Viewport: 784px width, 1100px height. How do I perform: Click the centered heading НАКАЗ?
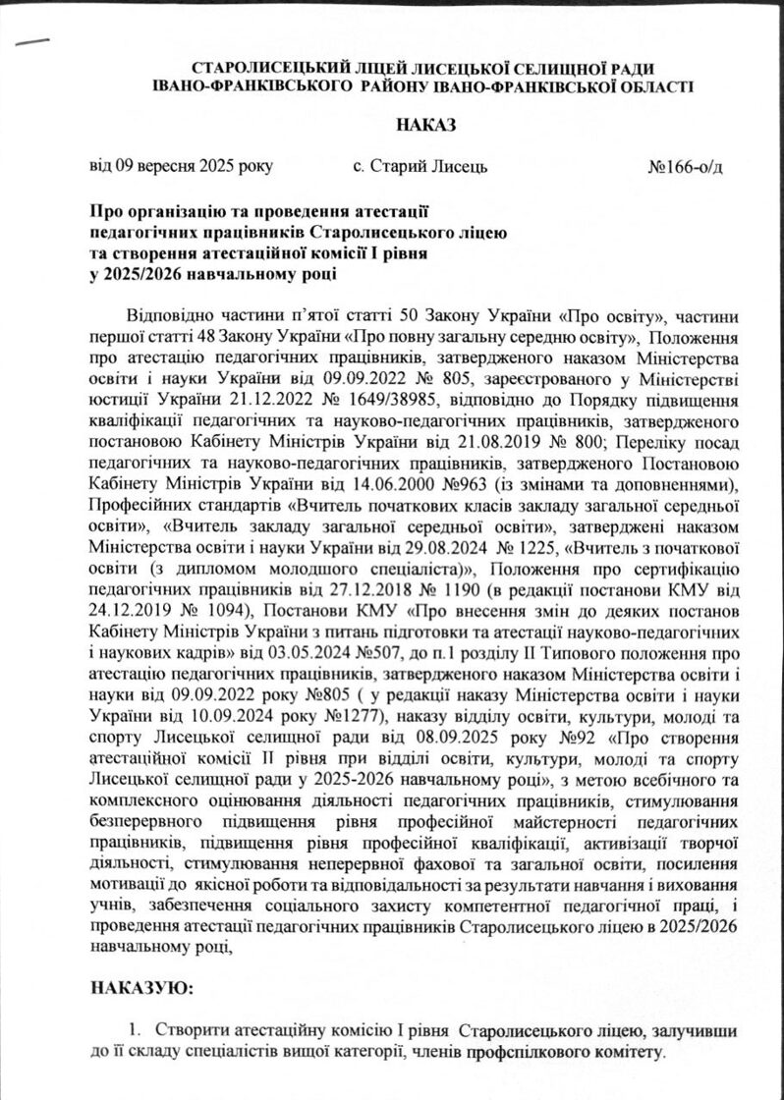click(426, 125)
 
